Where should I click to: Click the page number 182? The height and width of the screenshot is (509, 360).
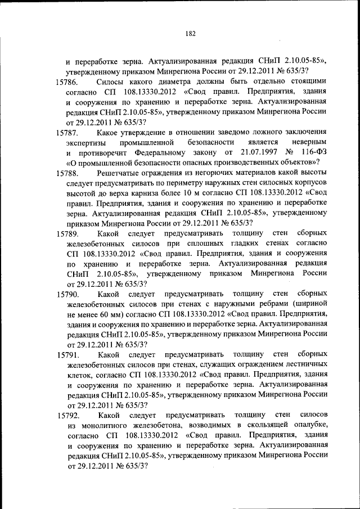[x=190, y=34]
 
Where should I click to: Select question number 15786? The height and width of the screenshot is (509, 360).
[x=71, y=83]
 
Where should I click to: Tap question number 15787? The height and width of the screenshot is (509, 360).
[x=71, y=133]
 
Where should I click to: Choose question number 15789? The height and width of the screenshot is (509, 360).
[x=71, y=233]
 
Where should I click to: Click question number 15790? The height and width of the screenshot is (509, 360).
[x=71, y=294]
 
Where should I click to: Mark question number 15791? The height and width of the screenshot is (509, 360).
[x=71, y=354]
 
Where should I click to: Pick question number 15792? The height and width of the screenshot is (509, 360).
[x=71, y=416]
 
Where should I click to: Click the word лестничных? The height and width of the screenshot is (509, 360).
[x=303, y=364]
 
